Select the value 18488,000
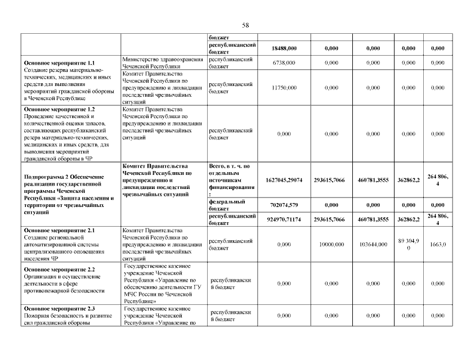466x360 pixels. [x=284, y=48]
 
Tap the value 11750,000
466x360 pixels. [x=284, y=88]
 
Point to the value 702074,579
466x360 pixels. [x=284, y=205]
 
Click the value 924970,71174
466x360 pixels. [x=284, y=220]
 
